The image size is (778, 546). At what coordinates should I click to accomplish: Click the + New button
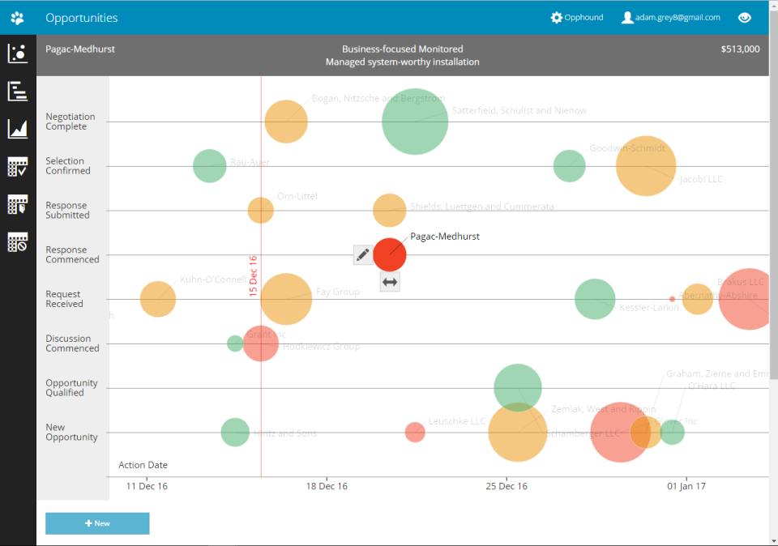pos(97,523)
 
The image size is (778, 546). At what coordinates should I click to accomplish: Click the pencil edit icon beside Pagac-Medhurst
pos(363,255)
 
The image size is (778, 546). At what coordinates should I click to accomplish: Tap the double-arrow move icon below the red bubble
pos(390,282)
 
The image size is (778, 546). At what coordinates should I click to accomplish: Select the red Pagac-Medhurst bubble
pos(390,254)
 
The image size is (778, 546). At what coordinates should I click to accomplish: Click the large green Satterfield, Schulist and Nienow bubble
pos(415,122)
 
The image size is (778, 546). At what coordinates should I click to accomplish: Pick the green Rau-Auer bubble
pos(210,166)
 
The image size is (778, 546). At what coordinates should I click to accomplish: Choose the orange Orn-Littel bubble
pos(260,211)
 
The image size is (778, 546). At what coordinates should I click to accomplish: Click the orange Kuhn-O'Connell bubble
pos(158,299)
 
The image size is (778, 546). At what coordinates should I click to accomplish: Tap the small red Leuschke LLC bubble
pos(415,432)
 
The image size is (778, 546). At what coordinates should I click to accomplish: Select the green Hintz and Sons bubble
pos(235,432)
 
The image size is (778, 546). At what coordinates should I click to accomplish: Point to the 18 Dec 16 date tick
pos(327,486)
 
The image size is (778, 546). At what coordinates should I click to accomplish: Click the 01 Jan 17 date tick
pos(686,486)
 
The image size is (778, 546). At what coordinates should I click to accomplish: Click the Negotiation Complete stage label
pos(71,122)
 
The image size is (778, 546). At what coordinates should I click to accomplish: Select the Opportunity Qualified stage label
pos(71,388)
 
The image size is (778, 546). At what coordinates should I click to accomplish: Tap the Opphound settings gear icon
pos(556,18)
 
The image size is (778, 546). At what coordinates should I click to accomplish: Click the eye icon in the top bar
pos(745,18)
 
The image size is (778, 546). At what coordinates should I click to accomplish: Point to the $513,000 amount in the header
pos(740,49)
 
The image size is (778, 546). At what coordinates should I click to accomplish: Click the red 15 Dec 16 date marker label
pos(253,276)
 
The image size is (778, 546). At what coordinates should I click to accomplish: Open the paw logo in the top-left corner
pos(18,18)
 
